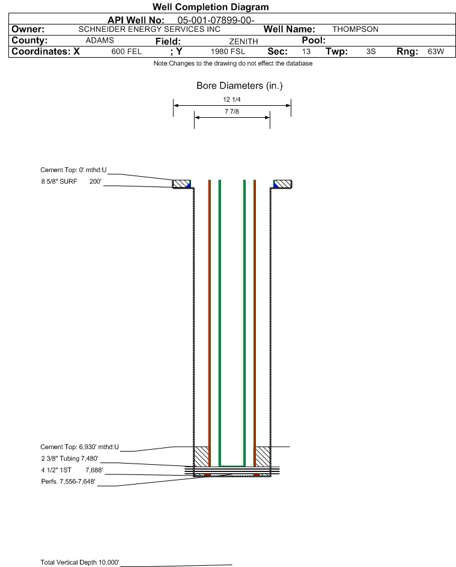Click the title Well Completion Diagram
pyautogui.click(x=211, y=7)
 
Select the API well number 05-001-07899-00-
pyautogui.click(x=216, y=20)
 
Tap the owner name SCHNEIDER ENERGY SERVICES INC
pyautogui.click(x=149, y=29)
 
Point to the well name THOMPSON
pyautogui.click(x=355, y=29)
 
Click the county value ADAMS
pyautogui.click(x=100, y=40)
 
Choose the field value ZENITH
pyautogui.click(x=243, y=41)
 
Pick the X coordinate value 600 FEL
pyautogui.click(x=126, y=52)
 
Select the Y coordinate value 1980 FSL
pyautogui.click(x=228, y=52)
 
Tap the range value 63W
pyautogui.click(x=436, y=52)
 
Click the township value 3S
pyautogui.click(x=371, y=52)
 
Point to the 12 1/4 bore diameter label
pyautogui.click(x=232, y=99)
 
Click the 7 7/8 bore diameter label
pyautogui.click(x=232, y=111)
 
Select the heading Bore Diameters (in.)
pyautogui.click(x=240, y=86)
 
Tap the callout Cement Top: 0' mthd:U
pyautogui.click(x=73, y=170)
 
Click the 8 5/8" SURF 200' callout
pyautogui.click(x=71, y=182)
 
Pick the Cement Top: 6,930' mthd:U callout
pyautogui.click(x=79, y=447)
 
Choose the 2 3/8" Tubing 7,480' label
pyautogui.click(x=69, y=459)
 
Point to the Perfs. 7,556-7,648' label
pyautogui.click(x=68, y=482)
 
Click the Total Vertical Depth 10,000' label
pyautogui.click(x=80, y=562)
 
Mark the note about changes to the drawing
pyautogui.click(x=233, y=63)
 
